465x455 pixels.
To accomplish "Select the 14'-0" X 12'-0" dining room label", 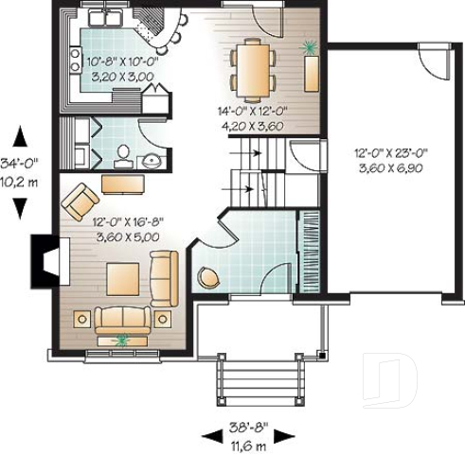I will [251, 116].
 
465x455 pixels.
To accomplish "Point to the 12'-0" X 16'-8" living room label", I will [126, 230].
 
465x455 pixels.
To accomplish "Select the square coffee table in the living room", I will [124, 279].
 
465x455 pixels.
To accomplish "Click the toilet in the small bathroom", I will [122, 155].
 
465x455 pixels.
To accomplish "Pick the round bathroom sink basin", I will [152, 160].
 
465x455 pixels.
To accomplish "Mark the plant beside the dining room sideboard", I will [308, 44].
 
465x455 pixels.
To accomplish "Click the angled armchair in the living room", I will [80, 200].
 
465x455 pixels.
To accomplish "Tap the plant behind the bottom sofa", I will [120, 339].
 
